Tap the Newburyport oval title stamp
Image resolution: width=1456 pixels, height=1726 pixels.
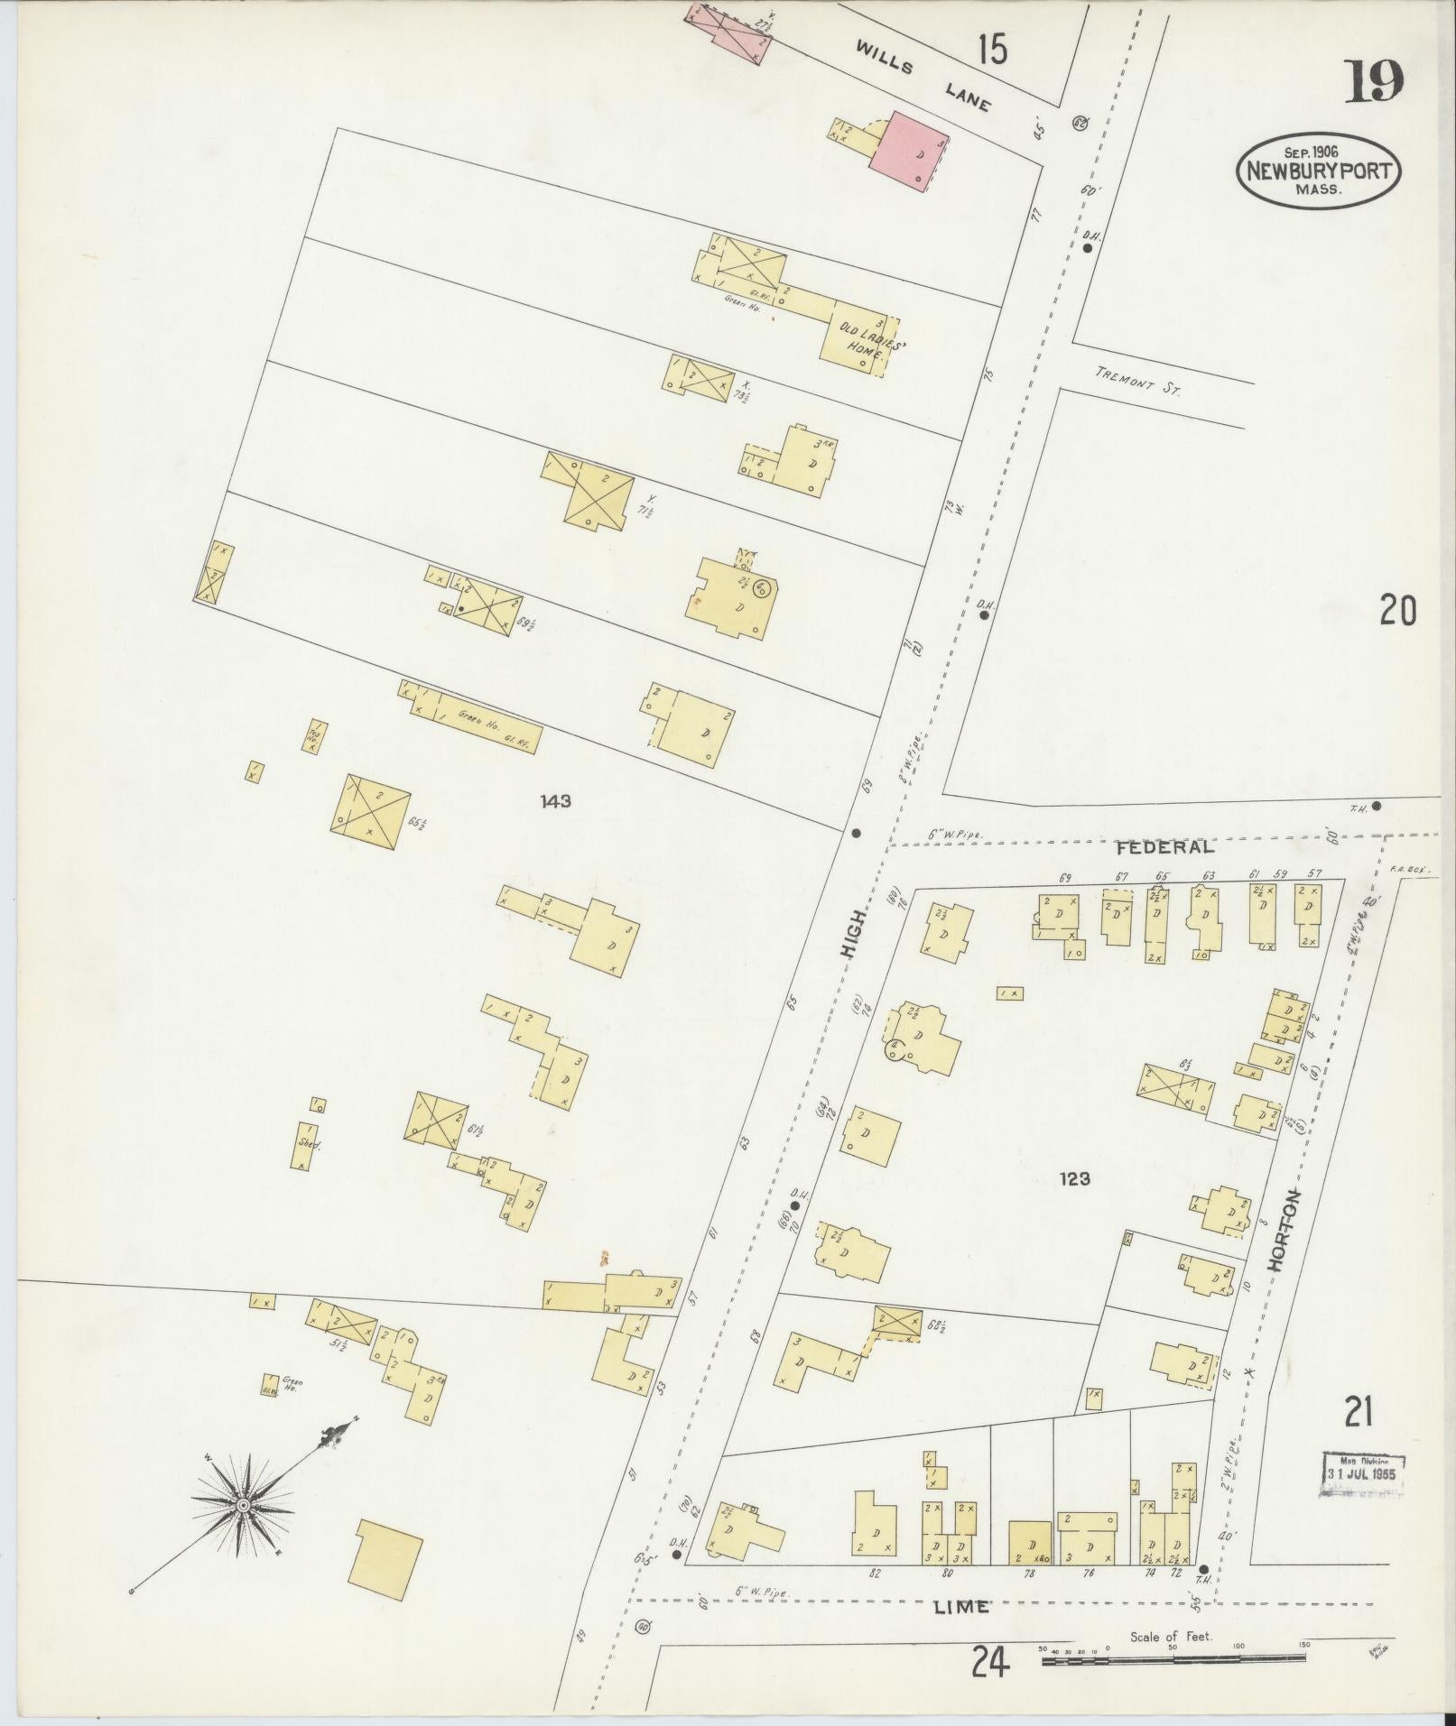(x=1318, y=171)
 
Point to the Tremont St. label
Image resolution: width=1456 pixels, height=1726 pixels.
(x=1136, y=383)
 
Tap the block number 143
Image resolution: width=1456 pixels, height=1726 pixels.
(x=555, y=801)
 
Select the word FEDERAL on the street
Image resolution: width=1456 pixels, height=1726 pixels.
(x=1164, y=848)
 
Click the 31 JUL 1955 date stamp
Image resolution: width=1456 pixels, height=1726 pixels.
(x=1364, y=1474)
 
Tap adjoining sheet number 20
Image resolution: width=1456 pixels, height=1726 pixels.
(x=1396, y=612)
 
